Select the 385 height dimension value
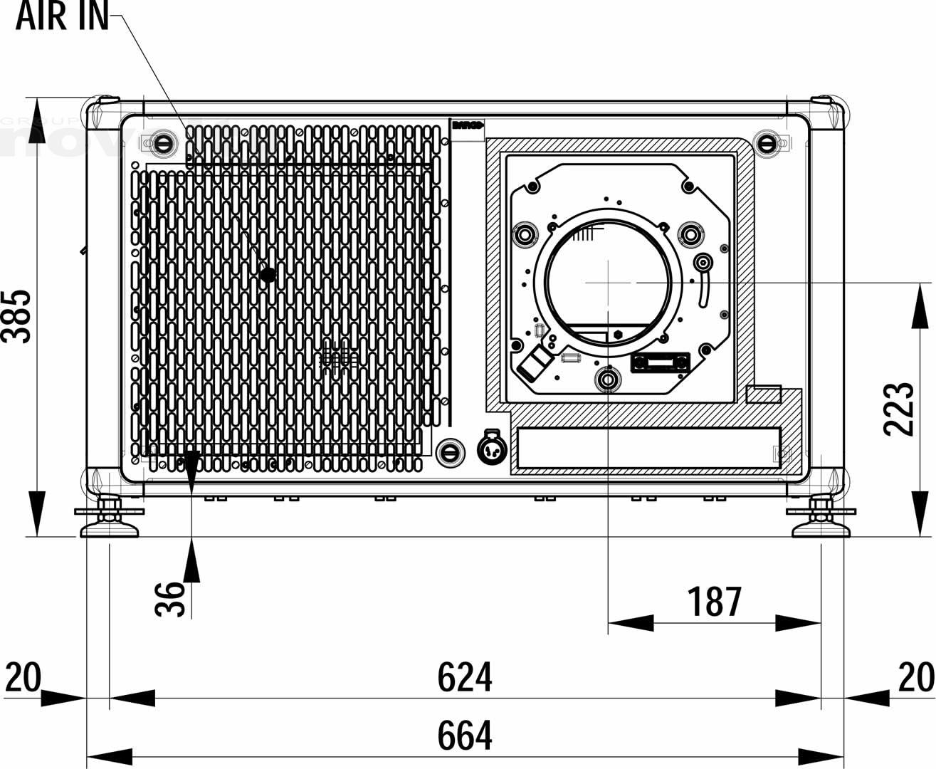(x=16, y=316)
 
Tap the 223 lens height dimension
(x=898, y=409)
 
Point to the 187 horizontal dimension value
(x=714, y=602)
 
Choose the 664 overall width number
(x=464, y=736)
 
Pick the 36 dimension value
(x=170, y=599)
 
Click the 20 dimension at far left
(x=23, y=677)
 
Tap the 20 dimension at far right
(x=915, y=677)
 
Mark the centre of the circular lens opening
(x=609, y=282)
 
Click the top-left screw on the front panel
(x=164, y=142)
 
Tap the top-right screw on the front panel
(x=767, y=142)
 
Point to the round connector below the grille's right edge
(x=492, y=449)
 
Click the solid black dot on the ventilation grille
(x=268, y=275)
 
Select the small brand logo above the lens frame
(x=468, y=126)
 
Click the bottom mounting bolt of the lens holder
(x=608, y=380)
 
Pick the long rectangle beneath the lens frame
(x=648, y=448)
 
